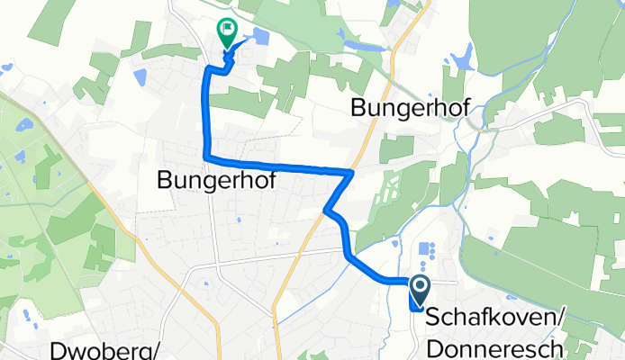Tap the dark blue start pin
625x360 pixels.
pyautogui.click(x=420, y=291)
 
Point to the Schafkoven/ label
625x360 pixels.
pyautogui.click(x=494, y=319)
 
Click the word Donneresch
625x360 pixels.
pyautogui.click(x=496, y=347)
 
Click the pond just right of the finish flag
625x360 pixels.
pyautogui.click(x=260, y=36)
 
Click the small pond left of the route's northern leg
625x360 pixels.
pyautogui.click(x=140, y=77)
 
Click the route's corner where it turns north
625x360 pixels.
pyautogui.click(x=207, y=158)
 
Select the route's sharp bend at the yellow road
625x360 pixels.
pyautogui.click(x=351, y=170)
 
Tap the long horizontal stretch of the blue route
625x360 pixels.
pyautogui.click(x=279, y=165)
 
